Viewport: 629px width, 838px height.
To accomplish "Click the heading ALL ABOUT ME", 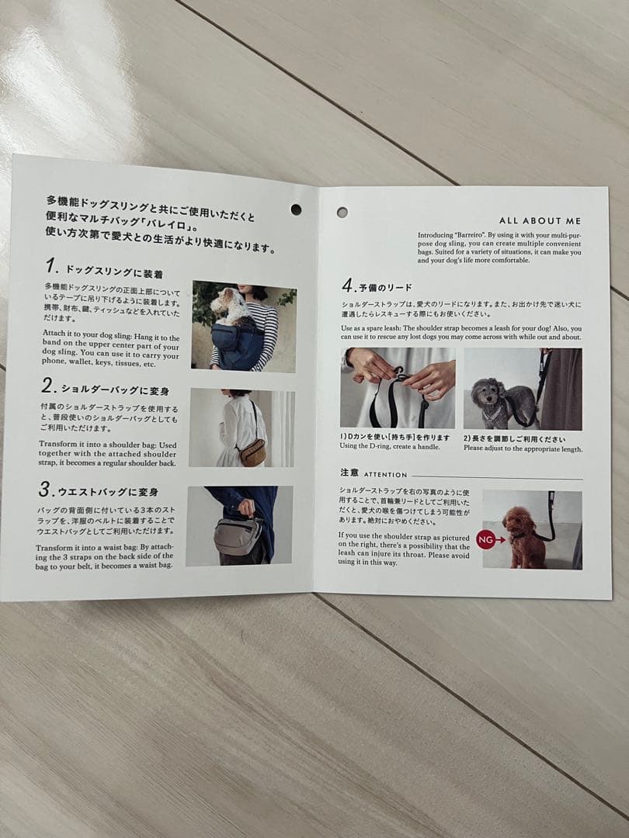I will point(540,221).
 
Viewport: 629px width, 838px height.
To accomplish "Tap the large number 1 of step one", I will point(51,267).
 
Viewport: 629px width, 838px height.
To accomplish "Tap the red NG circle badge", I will point(486,538).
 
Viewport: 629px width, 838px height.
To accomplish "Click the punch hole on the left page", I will point(296,209).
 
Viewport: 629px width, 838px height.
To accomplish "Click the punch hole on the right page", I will point(342,212).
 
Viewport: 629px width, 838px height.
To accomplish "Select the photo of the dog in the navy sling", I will point(243,326).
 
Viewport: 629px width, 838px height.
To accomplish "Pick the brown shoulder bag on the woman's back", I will point(252,452).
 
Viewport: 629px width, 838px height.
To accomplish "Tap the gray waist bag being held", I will point(238,536).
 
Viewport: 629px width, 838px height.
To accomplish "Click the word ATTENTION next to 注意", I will point(385,474).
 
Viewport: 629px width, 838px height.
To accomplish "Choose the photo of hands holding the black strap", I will point(398,386).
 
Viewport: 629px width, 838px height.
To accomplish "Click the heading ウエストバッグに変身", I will point(110,491).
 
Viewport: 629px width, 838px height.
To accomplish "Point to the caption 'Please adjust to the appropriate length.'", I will point(523,448).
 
